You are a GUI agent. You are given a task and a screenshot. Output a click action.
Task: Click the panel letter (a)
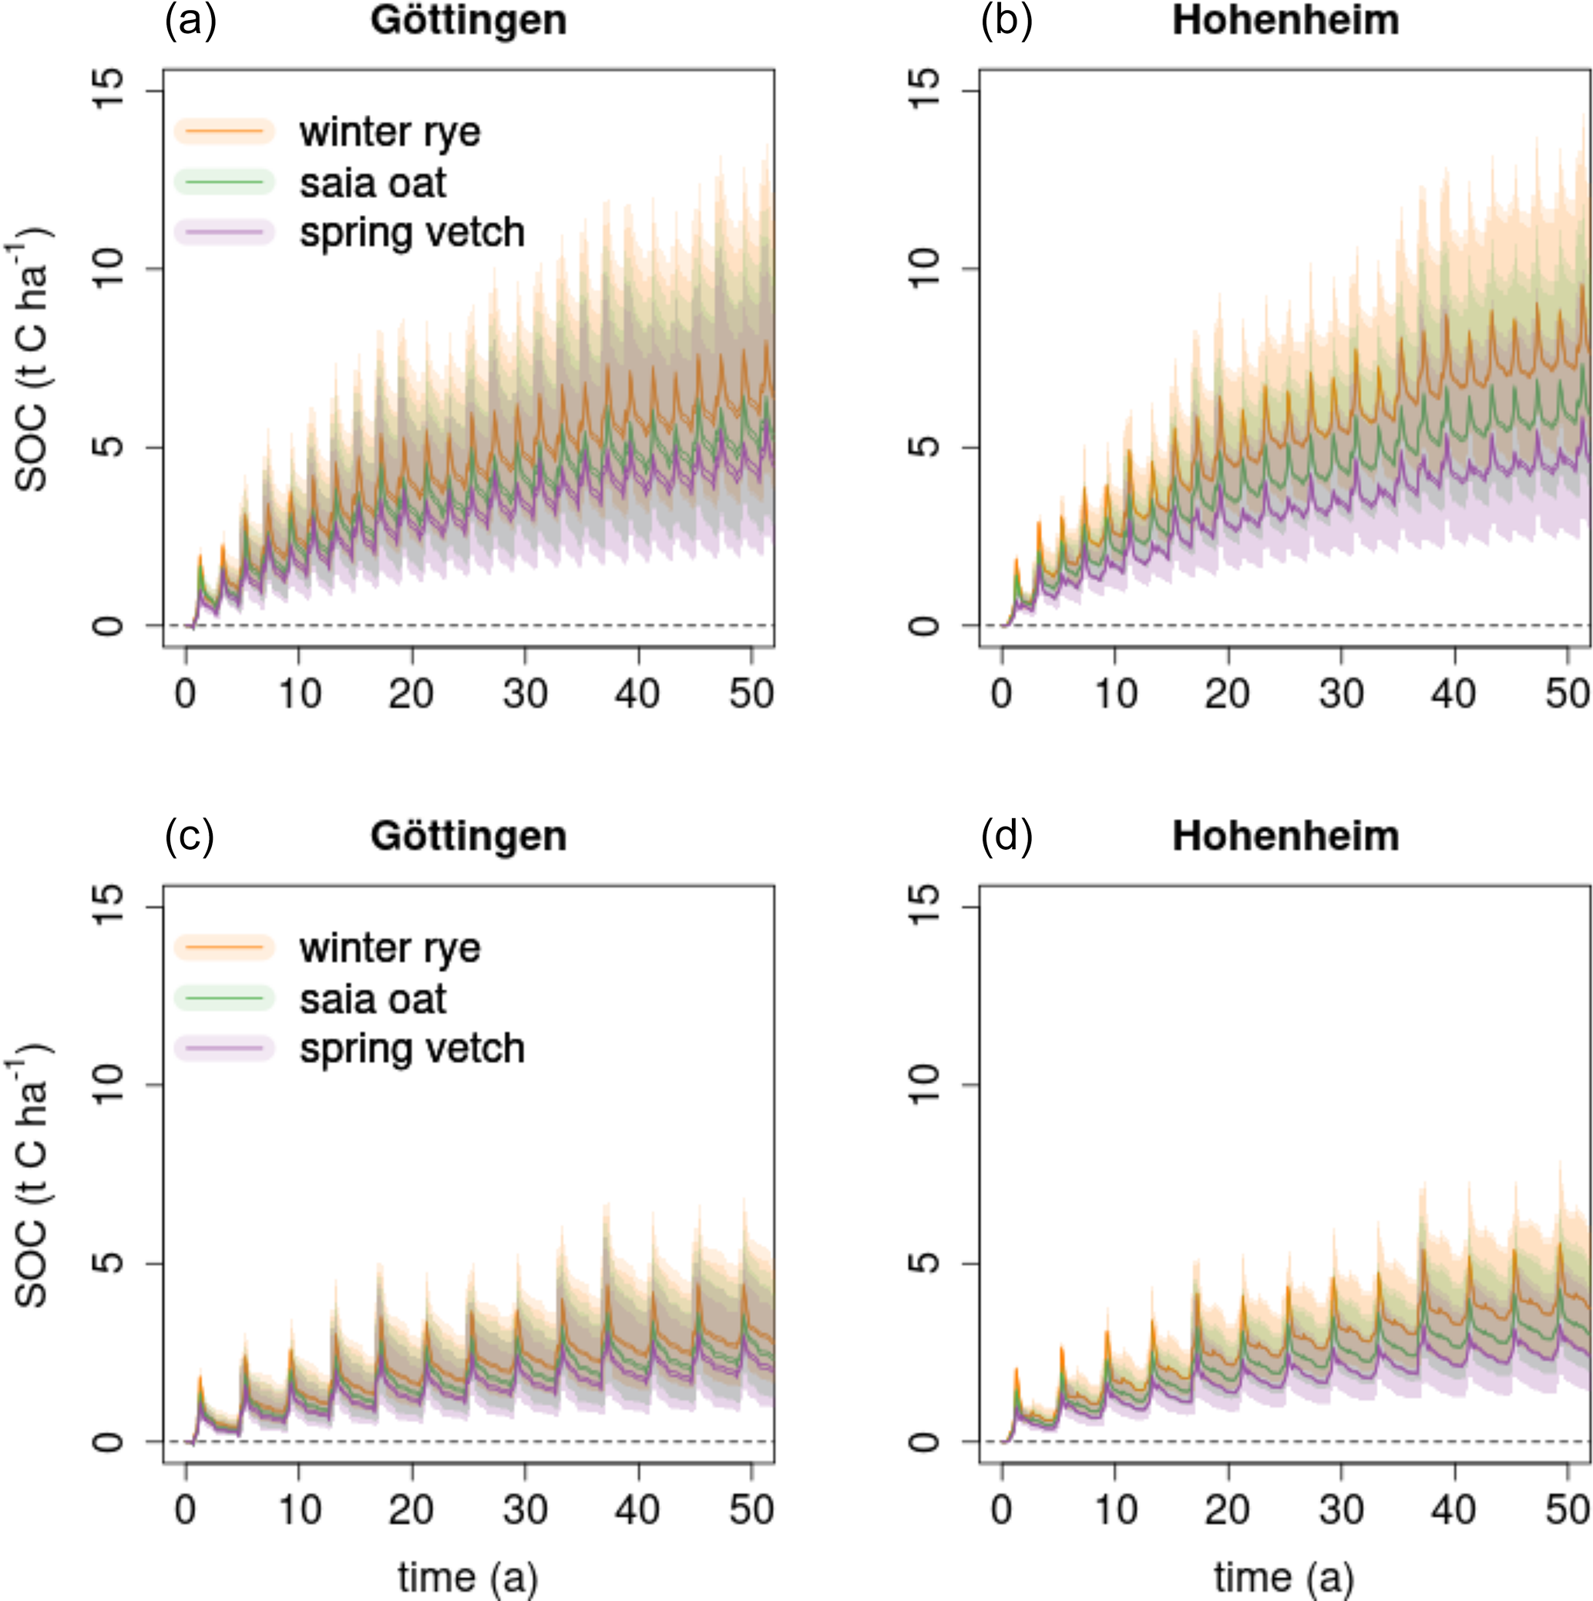[x=190, y=21]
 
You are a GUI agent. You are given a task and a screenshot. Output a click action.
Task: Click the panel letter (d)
[x=1007, y=836]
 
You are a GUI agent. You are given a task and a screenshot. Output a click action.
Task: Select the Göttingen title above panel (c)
[x=469, y=836]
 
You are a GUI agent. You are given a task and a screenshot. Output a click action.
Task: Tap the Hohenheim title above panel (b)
[x=1285, y=21]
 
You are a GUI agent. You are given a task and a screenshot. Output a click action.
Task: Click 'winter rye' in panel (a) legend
[x=389, y=132]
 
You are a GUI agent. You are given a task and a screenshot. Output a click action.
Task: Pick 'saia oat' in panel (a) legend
[x=372, y=183]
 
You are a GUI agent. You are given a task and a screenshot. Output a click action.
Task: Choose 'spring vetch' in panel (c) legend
[x=412, y=1049]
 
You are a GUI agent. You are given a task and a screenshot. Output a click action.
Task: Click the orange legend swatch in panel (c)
[x=223, y=947]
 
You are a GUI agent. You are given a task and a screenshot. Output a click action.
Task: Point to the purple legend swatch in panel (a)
[x=223, y=233]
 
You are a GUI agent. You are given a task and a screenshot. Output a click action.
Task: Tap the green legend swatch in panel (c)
[x=223, y=999]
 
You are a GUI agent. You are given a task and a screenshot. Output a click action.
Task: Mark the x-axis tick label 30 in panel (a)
[x=525, y=693]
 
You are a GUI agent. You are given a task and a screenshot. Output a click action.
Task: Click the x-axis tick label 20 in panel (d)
[x=1228, y=1509]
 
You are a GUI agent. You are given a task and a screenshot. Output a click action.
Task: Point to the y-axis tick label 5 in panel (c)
[x=109, y=1263]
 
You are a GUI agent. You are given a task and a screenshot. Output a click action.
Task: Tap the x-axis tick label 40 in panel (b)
[x=1454, y=693]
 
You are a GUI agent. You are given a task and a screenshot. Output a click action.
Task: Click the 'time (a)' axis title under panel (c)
[x=469, y=1576]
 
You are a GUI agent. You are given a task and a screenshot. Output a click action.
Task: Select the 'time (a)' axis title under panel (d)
[x=1284, y=1576]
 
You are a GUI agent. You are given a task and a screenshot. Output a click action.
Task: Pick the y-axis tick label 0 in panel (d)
[x=924, y=1442]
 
